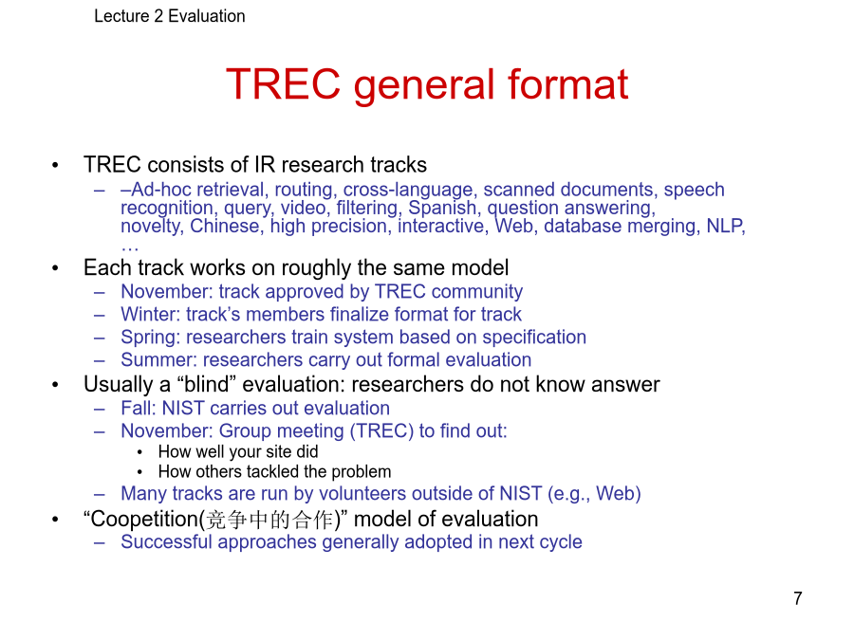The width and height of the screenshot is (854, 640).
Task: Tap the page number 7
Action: [798, 598]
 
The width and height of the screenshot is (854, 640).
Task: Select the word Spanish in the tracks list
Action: [442, 208]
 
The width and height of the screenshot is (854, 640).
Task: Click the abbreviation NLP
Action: [724, 226]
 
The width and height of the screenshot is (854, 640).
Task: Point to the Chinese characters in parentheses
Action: [270, 520]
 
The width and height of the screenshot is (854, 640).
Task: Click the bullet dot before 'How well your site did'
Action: [140, 452]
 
